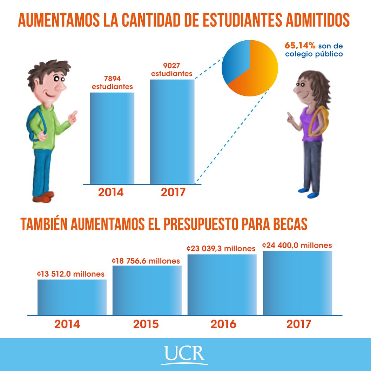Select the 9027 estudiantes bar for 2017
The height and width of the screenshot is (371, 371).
pos(172,131)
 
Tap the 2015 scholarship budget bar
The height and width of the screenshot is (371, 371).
pos(147,290)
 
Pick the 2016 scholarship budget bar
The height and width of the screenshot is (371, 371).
pos(222,285)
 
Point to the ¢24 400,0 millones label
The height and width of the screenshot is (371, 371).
pos(297,245)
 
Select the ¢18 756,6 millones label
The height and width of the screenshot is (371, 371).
pos(146,261)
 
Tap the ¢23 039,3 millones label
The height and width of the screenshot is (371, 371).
pos(221,249)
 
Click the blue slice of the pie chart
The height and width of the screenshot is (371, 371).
pos(236,61)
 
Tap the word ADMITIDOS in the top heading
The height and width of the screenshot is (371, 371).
pos(317,21)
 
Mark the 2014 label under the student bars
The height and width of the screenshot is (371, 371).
pos(111,193)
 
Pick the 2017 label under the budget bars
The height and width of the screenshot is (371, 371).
pos(298,324)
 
